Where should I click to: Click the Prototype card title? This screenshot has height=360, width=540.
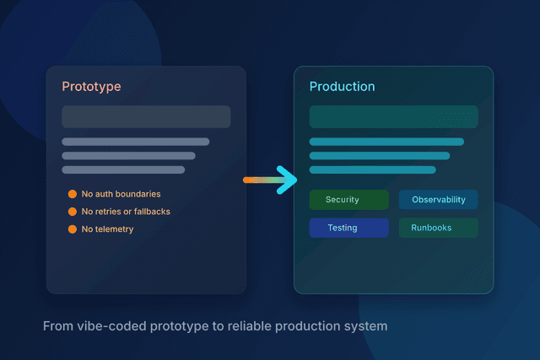coord(90,87)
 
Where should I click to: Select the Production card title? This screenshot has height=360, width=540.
coord(342,87)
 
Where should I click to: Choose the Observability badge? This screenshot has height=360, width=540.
coord(438,200)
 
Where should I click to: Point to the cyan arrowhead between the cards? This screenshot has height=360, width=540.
coord(288,180)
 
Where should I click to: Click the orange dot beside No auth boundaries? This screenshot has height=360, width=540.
coord(73,194)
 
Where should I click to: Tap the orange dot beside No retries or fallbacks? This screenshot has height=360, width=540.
coord(73,212)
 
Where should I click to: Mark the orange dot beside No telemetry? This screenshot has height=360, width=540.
coord(73,229)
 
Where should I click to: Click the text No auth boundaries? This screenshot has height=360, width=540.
coord(121,194)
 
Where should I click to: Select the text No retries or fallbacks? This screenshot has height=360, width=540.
coord(126,212)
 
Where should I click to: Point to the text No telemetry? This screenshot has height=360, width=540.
coord(107,229)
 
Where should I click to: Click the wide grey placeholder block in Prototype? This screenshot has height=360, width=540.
coord(146,116)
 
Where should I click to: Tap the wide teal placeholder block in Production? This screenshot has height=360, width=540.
coord(393,116)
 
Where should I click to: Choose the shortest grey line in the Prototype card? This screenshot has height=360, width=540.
coord(123,169)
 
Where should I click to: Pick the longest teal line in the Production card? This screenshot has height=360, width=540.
coord(386,142)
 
